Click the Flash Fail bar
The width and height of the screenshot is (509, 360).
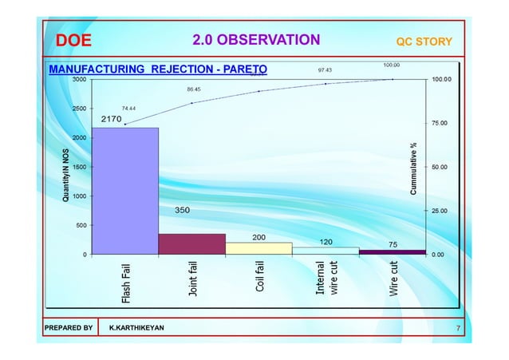coord(125,192)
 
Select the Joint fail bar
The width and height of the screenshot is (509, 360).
coord(191,244)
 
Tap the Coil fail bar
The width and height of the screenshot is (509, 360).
coord(258,248)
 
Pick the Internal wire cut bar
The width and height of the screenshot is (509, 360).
coord(326,251)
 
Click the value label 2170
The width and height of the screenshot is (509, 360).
coord(112,119)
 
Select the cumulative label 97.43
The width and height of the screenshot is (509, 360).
coord(326,70)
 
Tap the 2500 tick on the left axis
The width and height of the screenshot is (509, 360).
coord(80,109)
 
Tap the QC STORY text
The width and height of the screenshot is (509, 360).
coord(424,42)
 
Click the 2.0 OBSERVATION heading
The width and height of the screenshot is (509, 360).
coord(256,40)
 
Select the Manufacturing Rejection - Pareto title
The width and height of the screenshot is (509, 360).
coord(158,69)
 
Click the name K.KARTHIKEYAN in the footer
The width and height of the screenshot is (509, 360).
coord(138,328)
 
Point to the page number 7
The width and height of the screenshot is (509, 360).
coord(458,328)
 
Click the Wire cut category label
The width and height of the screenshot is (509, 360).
coord(393,279)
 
